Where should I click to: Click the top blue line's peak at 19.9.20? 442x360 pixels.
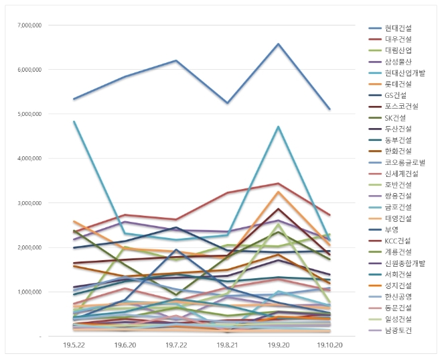pos(278,44)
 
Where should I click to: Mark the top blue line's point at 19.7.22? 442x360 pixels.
pos(175,60)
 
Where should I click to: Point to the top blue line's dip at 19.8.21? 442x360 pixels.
pos(227,103)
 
